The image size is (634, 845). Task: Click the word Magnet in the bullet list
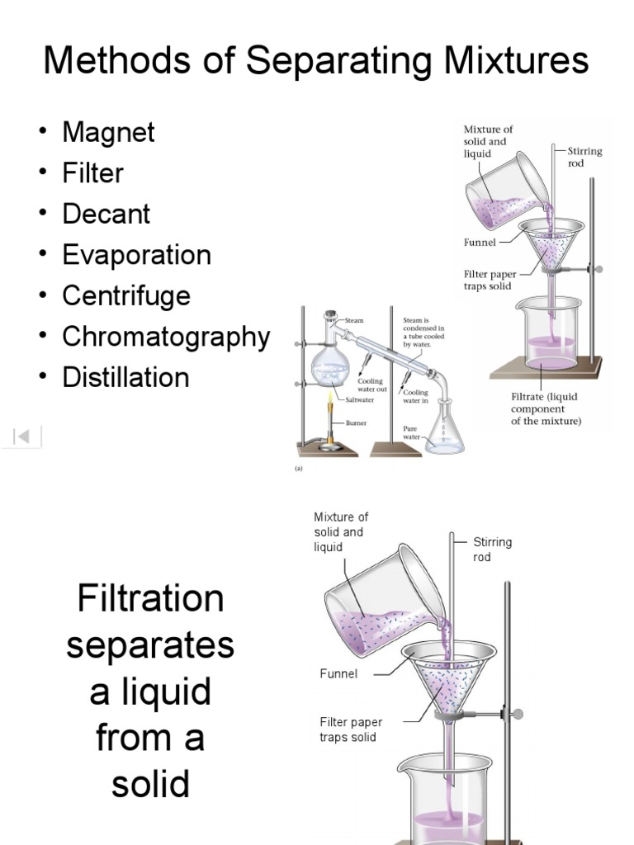[108, 132]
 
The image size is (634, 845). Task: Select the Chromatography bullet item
[166, 337]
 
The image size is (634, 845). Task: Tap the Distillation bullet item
[125, 378]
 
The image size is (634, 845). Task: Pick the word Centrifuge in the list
[126, 295]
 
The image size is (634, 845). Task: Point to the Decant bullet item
[106, 214]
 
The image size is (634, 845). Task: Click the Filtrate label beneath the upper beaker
[546, 408]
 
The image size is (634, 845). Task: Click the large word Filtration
[150, 598]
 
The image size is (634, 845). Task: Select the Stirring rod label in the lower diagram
[492, 550]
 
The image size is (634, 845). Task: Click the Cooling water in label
[415, 396]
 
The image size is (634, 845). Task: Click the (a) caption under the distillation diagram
[299, 466]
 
